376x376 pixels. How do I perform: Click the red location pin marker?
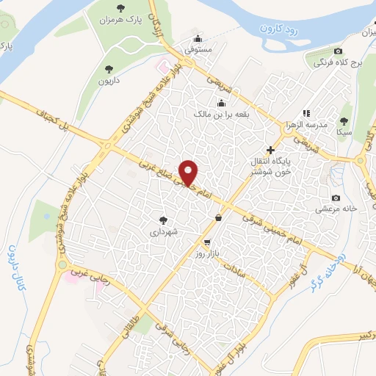[x=189, y=173]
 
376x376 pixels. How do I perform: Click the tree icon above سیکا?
[x=344, y=120]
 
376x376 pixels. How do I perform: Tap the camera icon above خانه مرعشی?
[x=336, y=198]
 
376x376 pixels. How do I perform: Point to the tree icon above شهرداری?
[x=163, y=220]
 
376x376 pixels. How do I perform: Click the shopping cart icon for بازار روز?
[x=208, y=242]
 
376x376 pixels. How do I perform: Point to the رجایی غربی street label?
[x=89, y=278]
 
